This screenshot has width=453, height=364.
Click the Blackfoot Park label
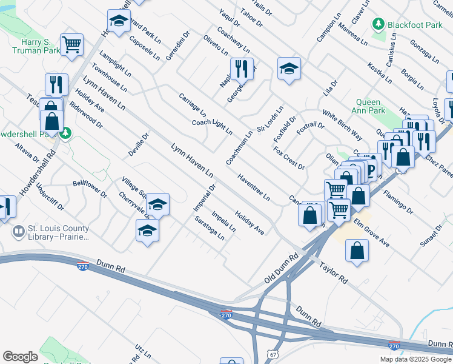pyautogui.click(x=417, y=25)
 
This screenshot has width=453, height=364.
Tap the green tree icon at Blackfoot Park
pyautogui.click(x=379, y=24)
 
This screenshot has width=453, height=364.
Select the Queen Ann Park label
pyautogui.click(x=370, y=107)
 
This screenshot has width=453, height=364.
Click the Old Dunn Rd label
pyautogui.click(x=282, y=271)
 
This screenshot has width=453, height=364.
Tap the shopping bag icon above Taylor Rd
pyautogui.click(x=357, y=250)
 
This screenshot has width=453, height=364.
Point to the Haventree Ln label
pyautogui.click(x=253, y=187)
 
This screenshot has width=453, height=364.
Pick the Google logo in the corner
pyautogui.click(x=20, y=357)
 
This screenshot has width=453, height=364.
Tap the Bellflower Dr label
pyautogui.click(x=90, y=189)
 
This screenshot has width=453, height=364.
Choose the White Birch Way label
pyautogui.click(x=342, y=125)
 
